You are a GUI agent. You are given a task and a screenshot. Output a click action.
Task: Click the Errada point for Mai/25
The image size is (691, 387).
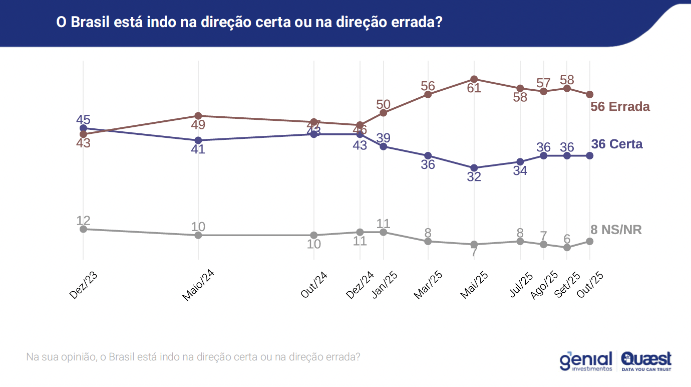coord(474,79)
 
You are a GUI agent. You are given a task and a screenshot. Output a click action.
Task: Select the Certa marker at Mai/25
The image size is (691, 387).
coord(474,168)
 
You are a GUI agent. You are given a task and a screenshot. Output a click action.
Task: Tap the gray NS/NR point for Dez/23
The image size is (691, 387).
coord(83,229)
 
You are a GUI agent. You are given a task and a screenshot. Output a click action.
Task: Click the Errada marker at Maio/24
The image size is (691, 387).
coord(198,116)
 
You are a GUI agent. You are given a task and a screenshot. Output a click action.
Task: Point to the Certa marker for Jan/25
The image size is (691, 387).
coord(383,146)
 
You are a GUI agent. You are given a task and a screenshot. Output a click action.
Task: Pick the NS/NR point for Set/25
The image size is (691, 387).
coord(567,248)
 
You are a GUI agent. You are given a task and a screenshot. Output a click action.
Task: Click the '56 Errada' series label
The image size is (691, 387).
coord(620,107)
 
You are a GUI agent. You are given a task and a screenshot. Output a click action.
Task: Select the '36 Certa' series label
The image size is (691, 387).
coord(617,144)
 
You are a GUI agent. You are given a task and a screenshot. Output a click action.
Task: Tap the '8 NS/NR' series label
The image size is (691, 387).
coord(616,230)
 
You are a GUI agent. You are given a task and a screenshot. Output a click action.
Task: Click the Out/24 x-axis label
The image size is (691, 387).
coord(314,285)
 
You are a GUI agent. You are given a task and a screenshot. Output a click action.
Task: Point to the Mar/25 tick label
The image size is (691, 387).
coord(429,285)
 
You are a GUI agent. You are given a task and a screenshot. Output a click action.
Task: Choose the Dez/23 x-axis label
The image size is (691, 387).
coord(83,285)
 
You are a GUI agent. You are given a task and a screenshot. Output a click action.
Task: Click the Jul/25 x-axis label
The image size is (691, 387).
coord(521,285)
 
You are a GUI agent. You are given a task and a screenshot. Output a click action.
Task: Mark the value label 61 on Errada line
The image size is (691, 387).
coord(474,88)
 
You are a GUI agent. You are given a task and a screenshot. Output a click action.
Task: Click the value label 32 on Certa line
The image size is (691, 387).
coord(474,177)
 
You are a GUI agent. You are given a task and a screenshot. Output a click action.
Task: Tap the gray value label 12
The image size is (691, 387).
coord(83,221)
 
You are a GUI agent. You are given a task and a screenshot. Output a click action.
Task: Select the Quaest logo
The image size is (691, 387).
coord(646,361)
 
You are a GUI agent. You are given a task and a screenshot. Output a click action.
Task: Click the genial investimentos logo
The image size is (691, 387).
coord(586,361)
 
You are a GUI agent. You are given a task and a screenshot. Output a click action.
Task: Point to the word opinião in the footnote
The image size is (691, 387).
coord(78,357)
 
